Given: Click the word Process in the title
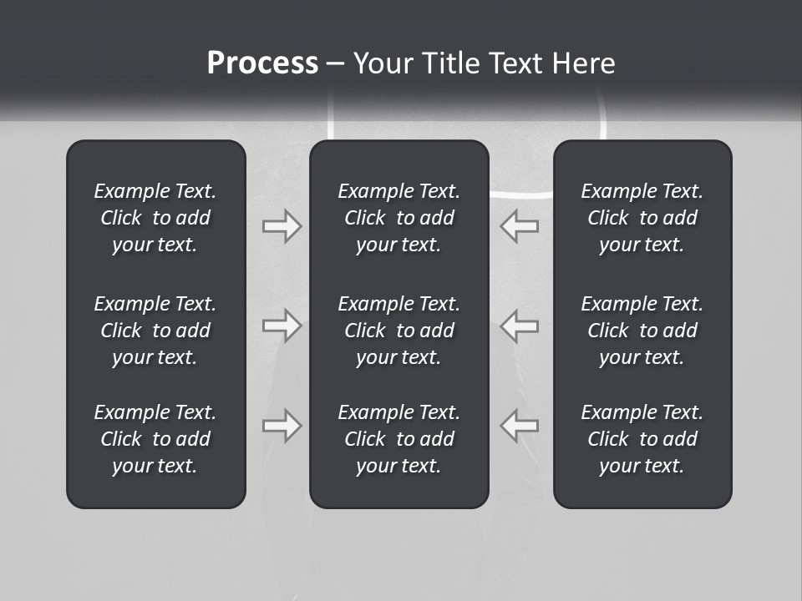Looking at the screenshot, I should pyautogui.click(x=262, y=63).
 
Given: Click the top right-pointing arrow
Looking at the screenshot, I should pyautogui.click(x=282, y=226).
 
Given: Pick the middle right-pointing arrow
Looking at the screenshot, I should pyautogui.click(x=282, y=326).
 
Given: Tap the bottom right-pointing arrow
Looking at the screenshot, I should pyautogui.click(x=282, y=426).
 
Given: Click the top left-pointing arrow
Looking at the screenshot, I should pyautogui.click(x=520, y=226).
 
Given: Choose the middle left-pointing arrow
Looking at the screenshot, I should pyautogui.click(x=520, y=326).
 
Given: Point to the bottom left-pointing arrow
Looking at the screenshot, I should pyautogui.click(x=520, y=426).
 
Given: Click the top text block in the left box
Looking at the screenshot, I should pyautogui.click(x=155, y=218).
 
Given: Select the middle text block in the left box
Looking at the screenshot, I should pyautogui.click(x=155, y=331).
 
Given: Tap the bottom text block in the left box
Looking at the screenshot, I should pyautogui.click(x=155, y=439).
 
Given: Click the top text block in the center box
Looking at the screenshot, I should pyautogui.click(x=398, y=218).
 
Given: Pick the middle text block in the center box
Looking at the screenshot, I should pyautogui.click(x=398, y=331).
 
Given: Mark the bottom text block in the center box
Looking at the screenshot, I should pyautogui.click(x=398, y=439).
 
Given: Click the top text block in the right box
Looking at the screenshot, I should pyautogui.click(x=642, y=218).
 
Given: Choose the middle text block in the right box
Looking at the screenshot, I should pyautogui.click(x=642, y=331).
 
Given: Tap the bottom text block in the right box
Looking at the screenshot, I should pyautogui.click(x=642, y=439).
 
